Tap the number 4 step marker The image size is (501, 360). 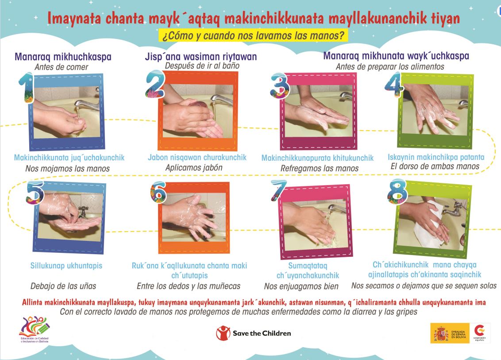(x=394, y=85)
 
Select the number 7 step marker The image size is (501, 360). (x=279, y=190)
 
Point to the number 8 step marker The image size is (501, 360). (x=397, y=191)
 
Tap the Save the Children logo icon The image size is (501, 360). (x=223, y=333)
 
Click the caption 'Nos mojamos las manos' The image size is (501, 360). (x=67, y=169)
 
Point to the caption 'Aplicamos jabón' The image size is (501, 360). (x=193, y=167)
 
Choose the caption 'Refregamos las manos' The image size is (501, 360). (x=320, y=168)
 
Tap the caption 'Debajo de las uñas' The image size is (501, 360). (x=63, y=286)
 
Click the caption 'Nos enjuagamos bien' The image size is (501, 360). (x=301, y=286)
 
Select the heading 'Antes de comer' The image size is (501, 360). (x=62, y=67)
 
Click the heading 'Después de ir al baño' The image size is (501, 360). (x=202, y=66)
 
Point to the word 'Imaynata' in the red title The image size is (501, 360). (x=74, y=18)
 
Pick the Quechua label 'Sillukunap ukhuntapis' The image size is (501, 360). (x=66, y=265)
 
